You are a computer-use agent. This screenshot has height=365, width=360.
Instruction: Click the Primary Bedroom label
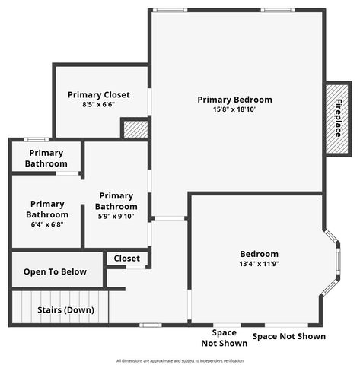tap(234, 100)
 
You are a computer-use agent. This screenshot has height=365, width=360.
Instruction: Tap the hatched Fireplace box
tap(336, 119)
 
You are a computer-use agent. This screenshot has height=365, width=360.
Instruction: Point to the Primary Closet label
tap(98, 95)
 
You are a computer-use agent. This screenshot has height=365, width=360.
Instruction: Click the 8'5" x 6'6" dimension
tap(98, 105)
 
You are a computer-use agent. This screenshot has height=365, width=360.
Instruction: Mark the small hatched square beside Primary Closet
tap(135, 129)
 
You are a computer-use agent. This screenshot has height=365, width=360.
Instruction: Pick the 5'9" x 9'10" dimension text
tap(116, 216)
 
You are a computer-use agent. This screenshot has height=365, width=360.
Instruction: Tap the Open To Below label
tap(55, 271)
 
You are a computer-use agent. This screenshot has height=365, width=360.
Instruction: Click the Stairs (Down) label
tap(66, 310)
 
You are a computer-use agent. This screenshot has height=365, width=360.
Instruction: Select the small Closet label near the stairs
tap(126, 259)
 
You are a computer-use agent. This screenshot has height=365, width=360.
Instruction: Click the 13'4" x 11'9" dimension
tap(259, 264)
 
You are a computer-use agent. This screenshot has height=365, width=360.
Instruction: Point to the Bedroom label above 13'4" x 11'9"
tap(259, 254)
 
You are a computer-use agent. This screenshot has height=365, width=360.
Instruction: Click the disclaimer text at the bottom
tap(180, 360)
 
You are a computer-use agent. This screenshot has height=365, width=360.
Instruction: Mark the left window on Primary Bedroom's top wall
tap(170, 10)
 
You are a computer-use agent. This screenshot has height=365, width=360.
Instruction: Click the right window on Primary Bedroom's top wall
tap(277, 10)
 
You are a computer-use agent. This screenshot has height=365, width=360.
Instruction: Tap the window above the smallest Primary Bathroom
tap(36, 139)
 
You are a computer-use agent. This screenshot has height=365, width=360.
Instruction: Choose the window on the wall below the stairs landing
tap(151, 325)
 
